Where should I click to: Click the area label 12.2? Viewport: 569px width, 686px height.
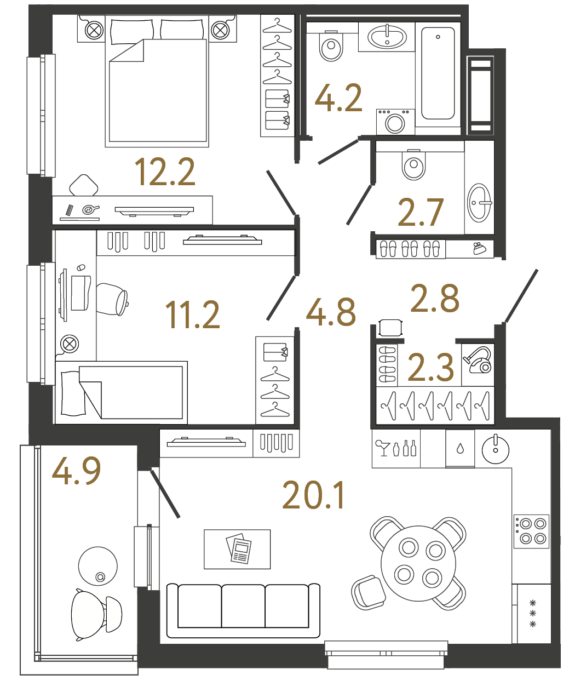click(x=164, y=171)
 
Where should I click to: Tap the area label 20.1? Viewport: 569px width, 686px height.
click(x=313, y=495)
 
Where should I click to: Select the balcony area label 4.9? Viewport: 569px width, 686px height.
click(x=76, y=471)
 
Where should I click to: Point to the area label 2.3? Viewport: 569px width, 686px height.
click(x=431, y=367)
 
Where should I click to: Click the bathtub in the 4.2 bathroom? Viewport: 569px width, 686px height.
click(x=438, y=74)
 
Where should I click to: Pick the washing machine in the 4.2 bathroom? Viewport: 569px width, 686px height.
click(x=395, y=122)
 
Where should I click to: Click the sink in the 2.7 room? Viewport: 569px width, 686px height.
click(x=479, y=203)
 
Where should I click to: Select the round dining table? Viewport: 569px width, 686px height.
click(x=418, y=563)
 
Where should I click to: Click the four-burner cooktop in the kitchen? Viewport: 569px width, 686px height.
click(x=531, y=531)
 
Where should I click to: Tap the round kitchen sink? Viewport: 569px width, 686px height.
click(x=495, y=450)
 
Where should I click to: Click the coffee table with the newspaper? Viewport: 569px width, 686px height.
click(x=237, y=549)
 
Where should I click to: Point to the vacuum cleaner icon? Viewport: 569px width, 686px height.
click(x=478, y=359)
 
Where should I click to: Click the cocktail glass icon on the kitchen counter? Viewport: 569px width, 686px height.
click(x=382, y=448)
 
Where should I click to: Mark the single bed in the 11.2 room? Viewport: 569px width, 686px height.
click(x=122, y=392)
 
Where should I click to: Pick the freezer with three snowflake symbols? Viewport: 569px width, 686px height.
click(x=533, y=614)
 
